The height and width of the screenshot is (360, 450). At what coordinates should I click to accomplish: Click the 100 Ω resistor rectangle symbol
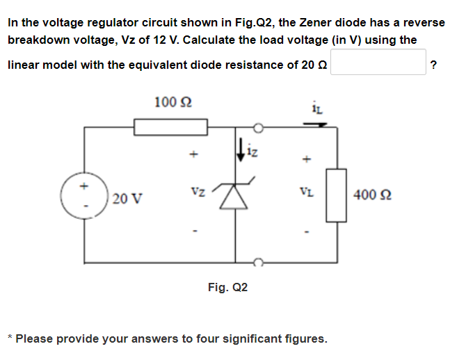tap(171, 127)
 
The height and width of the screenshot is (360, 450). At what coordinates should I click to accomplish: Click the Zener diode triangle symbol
tap(236, 197)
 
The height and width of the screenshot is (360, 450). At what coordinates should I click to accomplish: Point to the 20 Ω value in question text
tap(315, 65)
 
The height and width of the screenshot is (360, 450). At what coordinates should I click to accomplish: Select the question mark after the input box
tap(434, 65)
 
